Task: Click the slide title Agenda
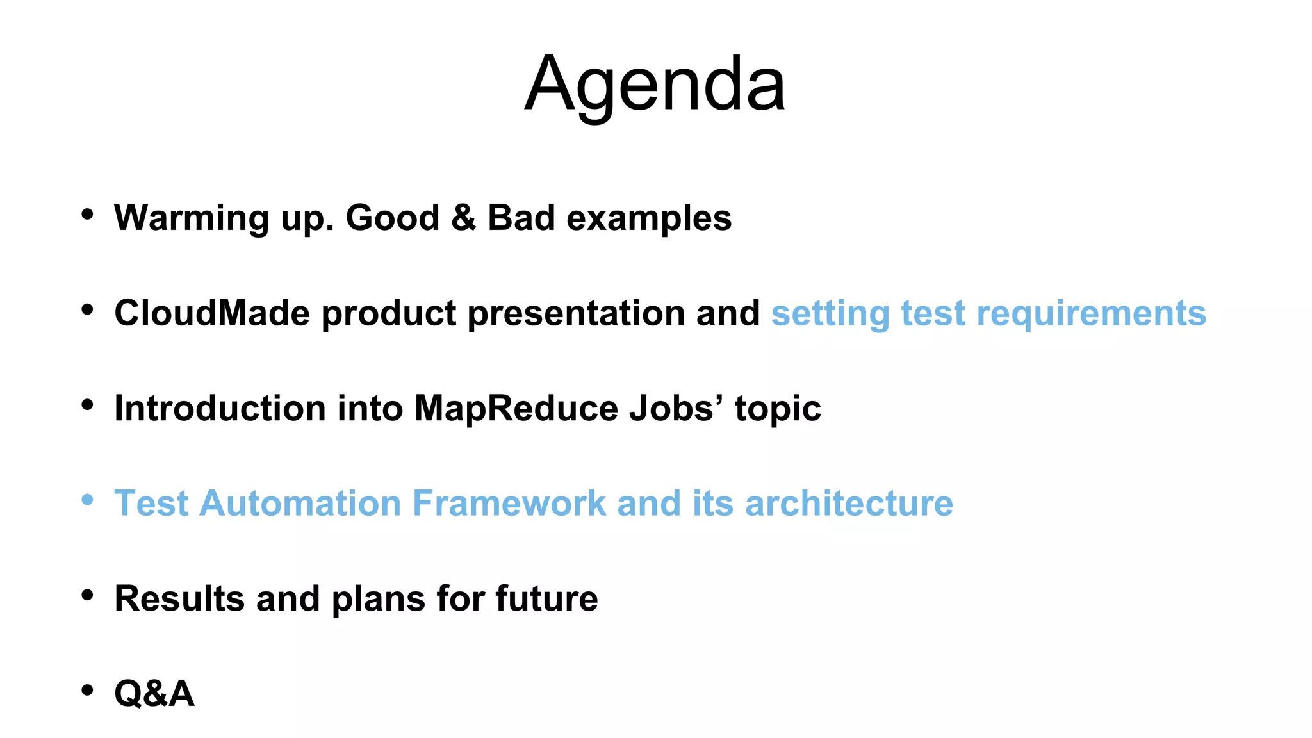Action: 655,85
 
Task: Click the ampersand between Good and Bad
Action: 463,217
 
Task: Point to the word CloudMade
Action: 212,313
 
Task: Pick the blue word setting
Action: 830,314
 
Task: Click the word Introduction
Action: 220,408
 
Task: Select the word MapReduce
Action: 516,409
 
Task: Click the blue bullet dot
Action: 88,500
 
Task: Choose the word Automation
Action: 300,503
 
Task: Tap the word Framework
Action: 509,503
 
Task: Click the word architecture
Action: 849,503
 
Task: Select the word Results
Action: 179,598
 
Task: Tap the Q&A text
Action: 154,693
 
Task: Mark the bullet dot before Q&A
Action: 88,691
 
